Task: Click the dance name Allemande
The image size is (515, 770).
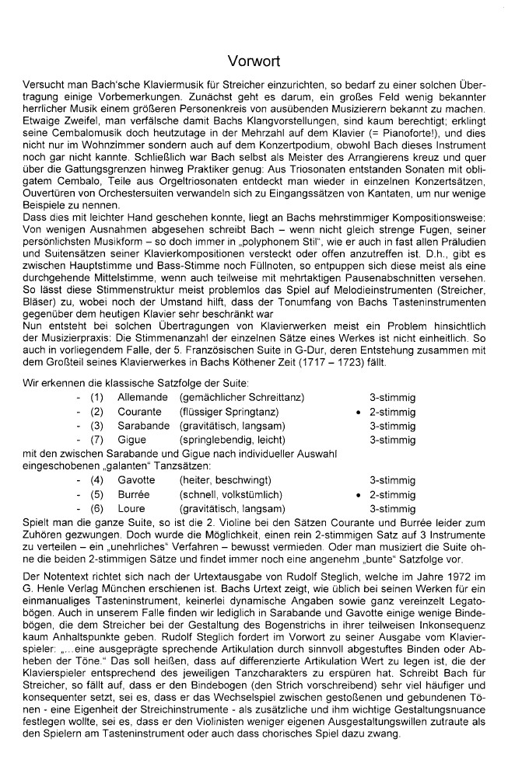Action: [142, 397]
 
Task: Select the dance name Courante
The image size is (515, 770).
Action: [140, 411]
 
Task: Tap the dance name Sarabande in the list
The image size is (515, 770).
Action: [144, 425]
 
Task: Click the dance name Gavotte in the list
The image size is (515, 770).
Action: [136, 481]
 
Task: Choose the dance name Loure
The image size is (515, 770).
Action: [131, 509]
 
